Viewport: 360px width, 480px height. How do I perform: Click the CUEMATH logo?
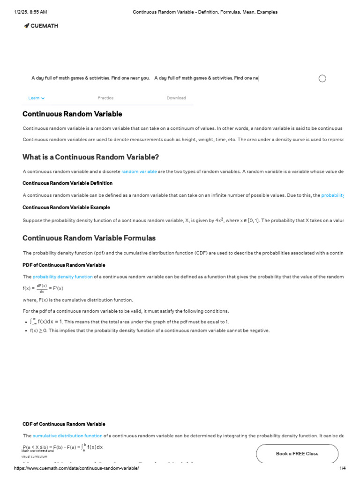pos(41,26)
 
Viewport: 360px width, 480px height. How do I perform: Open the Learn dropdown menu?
pos(36,98)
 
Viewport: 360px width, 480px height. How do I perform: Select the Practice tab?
pos(105,98)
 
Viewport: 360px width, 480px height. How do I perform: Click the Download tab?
pos(176,98)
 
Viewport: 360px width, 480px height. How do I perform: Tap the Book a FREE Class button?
pos(297,453)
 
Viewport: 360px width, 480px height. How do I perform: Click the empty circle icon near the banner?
pos(322,78)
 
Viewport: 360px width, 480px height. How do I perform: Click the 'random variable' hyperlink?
pos(139,172)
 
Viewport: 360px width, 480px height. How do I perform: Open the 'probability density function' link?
pos(62,277)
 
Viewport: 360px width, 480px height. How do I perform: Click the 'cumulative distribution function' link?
pos(67,435)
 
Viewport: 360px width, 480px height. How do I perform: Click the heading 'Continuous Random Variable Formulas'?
pos(89,238)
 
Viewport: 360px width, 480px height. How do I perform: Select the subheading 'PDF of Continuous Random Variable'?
pos(64,265)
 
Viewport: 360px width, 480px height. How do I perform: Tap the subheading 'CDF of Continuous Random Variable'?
pos(64,424)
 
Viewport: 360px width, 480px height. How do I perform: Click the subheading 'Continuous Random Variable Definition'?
pos(67,183)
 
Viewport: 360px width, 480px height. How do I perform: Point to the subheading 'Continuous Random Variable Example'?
pos(66,207)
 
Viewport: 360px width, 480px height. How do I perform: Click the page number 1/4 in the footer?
pos(342,468)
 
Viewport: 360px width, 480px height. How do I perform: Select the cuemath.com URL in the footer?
pos(76,468)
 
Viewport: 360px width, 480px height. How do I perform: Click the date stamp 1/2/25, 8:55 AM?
pos(30,12)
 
